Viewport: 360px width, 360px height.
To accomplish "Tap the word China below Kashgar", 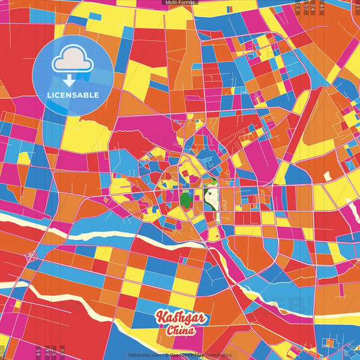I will [x=180, y=331].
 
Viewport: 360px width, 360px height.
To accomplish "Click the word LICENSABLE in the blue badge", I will [x=73, y=95].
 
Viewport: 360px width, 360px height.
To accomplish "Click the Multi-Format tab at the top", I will [x=180, y=3].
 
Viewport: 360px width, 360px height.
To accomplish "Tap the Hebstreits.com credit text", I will [x=143, y=355].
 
